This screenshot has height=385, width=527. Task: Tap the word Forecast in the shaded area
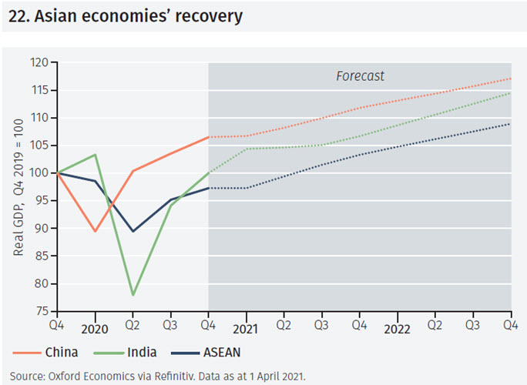click(x=360, y=76)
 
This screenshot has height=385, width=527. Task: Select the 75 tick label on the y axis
click(x=42, y=311)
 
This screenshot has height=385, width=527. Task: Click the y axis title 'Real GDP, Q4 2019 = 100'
click(x=18, y=187)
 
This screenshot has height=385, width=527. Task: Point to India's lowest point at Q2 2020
click(x=133, y=295)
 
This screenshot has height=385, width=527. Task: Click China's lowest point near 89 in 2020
click(x=95, y=231)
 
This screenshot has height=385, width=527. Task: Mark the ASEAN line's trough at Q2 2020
click(x=133, y=231)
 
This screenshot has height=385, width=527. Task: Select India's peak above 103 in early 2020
click(x=95, y=155)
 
